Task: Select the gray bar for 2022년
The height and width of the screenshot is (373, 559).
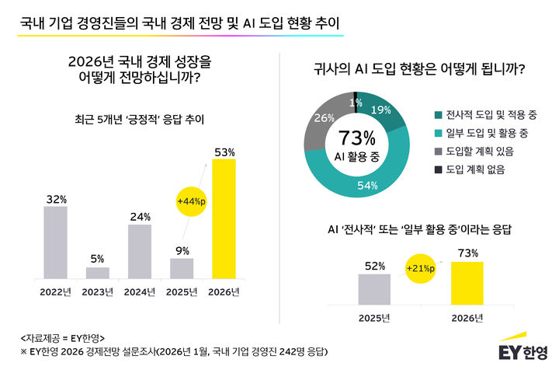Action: [55, 242]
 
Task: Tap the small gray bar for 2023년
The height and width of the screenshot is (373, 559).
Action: [98, 273]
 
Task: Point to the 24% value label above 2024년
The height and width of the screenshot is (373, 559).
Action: [140, 218]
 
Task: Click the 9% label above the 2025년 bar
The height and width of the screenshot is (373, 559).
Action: [182, 251]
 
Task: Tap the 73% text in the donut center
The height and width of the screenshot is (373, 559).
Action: [357, 138]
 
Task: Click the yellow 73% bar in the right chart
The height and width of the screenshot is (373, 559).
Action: [467, 283]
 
